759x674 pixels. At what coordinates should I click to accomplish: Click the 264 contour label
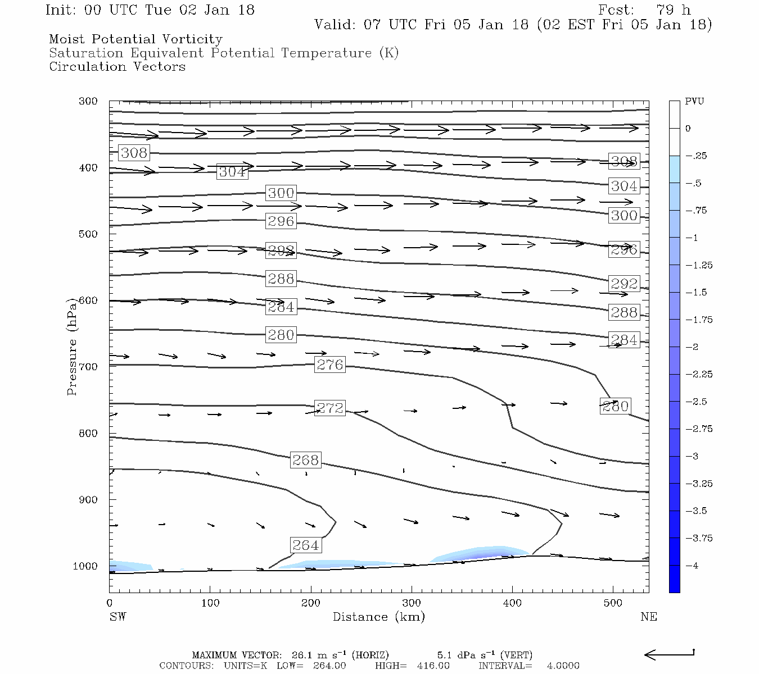coord(306,545)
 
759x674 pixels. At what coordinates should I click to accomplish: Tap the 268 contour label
coord(306,460)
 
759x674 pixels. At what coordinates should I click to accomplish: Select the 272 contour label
coord(330,408)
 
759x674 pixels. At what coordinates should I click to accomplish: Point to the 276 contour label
coord(330,365)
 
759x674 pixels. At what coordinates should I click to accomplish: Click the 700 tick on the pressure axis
coord(88,367)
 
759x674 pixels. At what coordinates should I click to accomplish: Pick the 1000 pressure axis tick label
coord(85,566)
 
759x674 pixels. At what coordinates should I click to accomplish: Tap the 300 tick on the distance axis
coord(412,603)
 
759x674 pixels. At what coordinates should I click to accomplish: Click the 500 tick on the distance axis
coord(613,603)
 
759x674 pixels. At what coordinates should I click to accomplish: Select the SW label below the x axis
coord(118,617)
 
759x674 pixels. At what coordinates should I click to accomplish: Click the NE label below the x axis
coord(648,617)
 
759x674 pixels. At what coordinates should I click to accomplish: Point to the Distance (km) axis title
coord(378,617)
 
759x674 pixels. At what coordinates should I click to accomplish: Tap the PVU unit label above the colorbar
coord(694,102)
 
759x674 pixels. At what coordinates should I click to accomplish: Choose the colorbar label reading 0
coord(688,129)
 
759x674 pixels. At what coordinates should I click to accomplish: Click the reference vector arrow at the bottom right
coord(669,654)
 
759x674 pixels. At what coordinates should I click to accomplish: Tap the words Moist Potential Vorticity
coord(135,39)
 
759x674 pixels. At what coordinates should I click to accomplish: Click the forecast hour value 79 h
coord(673,10)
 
